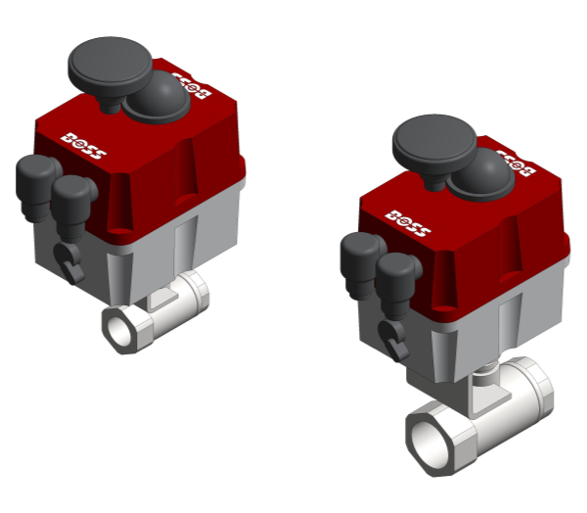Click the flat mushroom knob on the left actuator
click(109, 64)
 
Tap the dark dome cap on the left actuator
click(157, 99)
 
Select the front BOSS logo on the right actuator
click(407, 220)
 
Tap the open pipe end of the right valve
click(431, 441)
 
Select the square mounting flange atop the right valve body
click(484, 396)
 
